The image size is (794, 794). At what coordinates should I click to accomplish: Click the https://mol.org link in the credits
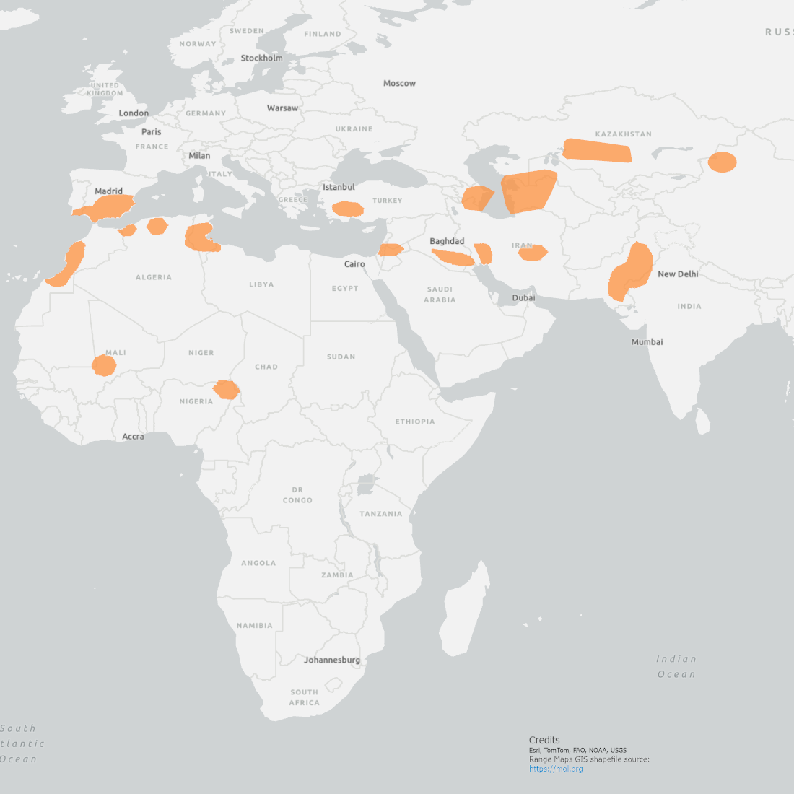pyautogui.click(x=555, y=769)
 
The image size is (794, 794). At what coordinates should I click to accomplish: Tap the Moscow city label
pyautogui.click(x=399, y=84)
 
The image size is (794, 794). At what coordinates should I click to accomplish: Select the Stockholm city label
pyautogui.click(x=261, y=58)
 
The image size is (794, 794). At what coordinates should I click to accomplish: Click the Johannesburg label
pyautogui.click(x=331, y=660)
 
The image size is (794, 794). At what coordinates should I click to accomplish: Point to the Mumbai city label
pyautogui.click(x=647, y=342)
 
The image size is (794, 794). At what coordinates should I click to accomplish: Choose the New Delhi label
pyautogui.click(x=678, y=274)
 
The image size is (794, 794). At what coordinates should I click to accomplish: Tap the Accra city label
pyautogui.click(x=133, y=437)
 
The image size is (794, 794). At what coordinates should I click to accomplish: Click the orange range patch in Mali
pyautogui.click(x=104, y=365)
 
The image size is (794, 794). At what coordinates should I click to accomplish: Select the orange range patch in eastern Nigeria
pyautogui.click(x=226, y=390)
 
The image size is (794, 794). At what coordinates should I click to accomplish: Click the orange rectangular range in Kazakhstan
pyautogui.click(x=597, y=150)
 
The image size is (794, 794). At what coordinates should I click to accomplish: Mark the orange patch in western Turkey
pyautogui.click(x=347, y=209)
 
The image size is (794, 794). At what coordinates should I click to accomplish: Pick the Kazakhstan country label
pyautogui.click(x=623, y=134)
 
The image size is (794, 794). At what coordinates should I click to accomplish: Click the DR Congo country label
pyautogui.click(x=297, y=494)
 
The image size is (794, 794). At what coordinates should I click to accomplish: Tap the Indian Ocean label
pyautogui.click(x=676, y=666)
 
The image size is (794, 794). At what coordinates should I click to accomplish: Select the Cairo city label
pyautogui.click(x=354, y=264)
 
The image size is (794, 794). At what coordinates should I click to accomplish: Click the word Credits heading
pyautogui.click(x=544, y=740)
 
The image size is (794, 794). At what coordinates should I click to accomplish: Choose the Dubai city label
pyautogui.click(x=523, y=298)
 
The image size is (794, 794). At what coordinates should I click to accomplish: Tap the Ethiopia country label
pyautogui.click(x=414, y=422)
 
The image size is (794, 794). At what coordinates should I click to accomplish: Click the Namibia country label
pyautogui.click(x=254, y=626)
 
